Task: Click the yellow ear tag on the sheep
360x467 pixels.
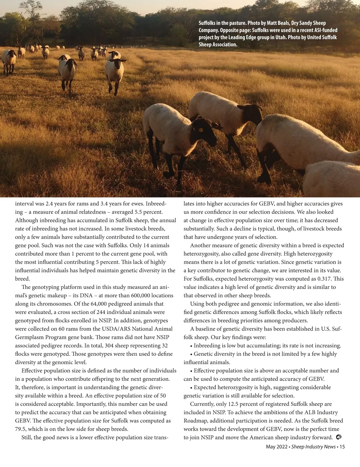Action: pos(200,130)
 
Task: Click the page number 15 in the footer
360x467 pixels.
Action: pos(342,447)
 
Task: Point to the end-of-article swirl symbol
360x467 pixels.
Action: pos(339,437)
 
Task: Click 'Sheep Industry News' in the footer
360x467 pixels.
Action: pos(313,447)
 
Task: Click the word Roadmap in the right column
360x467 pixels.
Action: pos(195,421)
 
